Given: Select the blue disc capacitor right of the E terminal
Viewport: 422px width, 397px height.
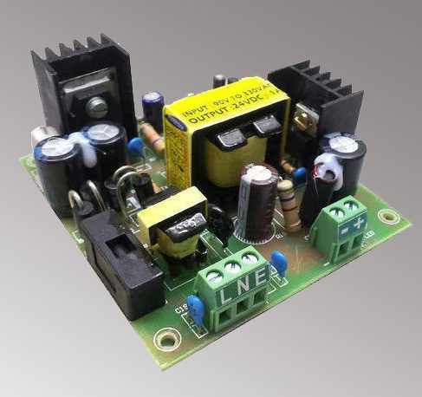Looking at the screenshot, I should (x=279, y=261).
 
